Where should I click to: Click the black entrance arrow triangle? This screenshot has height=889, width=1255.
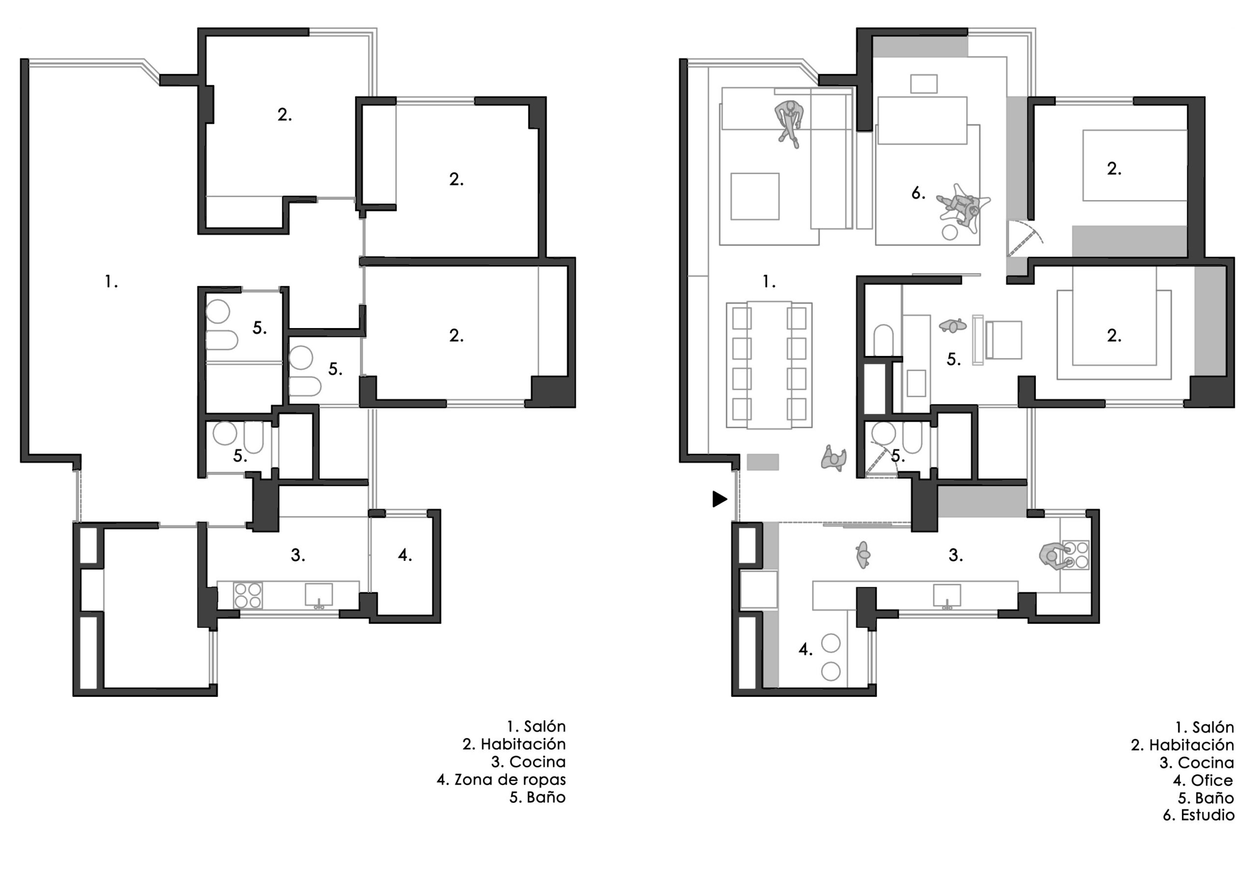[x=719, y=499]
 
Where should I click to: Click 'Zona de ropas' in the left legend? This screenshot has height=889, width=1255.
[x=510, y=779]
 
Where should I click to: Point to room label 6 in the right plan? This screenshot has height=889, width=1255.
[x=918, y=193]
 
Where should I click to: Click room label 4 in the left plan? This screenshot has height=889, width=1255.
[x=404, y=555]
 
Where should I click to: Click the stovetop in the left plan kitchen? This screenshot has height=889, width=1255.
[x=248, y=595]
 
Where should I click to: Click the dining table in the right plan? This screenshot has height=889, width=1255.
[x=770, y=365]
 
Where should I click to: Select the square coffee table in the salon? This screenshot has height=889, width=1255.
[x=755, y=197]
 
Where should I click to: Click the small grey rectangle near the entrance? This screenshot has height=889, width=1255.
[x=763, y=461]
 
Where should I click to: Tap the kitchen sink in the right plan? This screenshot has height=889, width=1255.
[x=947, y=596]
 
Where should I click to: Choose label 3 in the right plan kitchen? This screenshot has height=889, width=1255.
[x=955, y=555]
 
